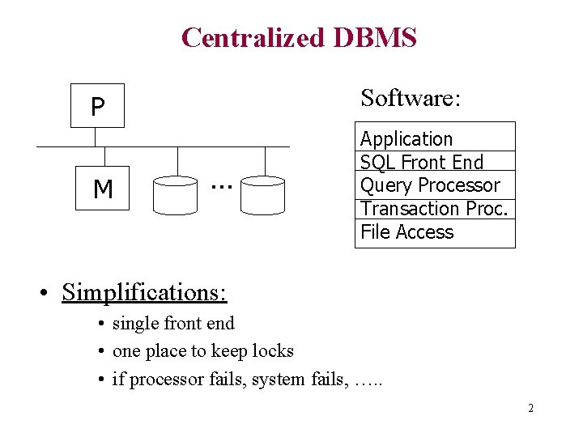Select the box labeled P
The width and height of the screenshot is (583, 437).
[x=97, y=106]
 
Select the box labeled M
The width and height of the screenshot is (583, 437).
[x=102, y=189]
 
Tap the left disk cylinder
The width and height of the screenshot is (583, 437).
[x=175, y=193]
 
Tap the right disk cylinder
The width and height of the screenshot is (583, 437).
[x=263, y=193]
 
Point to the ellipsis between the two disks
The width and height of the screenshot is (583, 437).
[x=219, y=187]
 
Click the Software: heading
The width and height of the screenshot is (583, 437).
[x=411, y=98]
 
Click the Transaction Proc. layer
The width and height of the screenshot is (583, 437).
[x=434, y=209]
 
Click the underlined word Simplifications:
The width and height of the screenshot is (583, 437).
[x=143, y=291]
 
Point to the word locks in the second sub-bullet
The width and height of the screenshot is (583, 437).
[x=273, y=350]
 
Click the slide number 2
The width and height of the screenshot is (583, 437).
[x=530, y=408]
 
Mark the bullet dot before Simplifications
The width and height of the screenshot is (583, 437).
[x=49, y=293]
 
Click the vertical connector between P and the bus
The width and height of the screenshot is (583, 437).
[x=95, y=137]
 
